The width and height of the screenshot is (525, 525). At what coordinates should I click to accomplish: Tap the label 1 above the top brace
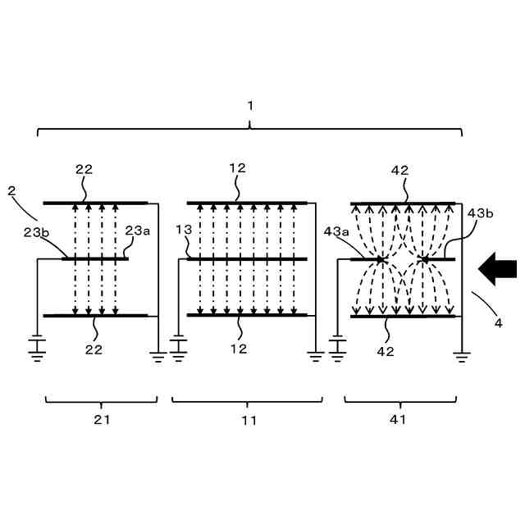click(x=250, y=105)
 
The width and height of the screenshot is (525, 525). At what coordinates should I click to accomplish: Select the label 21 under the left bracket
click(x=101, y=420)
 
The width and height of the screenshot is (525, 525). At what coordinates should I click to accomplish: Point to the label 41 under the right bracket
click(x=399, y=420)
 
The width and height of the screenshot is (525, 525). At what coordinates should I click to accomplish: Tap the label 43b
click(x=480, y=213)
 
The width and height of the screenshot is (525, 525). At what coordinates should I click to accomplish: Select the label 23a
click(x=137, y=231)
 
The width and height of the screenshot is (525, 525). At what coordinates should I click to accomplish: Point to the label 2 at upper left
click(x=11, y=190)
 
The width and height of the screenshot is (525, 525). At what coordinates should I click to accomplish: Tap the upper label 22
click(x=84, y=170)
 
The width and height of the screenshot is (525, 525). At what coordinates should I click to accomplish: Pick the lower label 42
click(x=386, y=351)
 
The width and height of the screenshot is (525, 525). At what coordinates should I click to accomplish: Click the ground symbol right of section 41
click(x=463, y=355)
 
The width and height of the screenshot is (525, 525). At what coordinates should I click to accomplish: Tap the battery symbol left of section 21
click(x=37, y=345)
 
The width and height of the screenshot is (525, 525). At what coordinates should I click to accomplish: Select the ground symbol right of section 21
click(x=158, y=355)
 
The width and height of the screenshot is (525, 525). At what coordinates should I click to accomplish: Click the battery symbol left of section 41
click(x=336, y=345)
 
